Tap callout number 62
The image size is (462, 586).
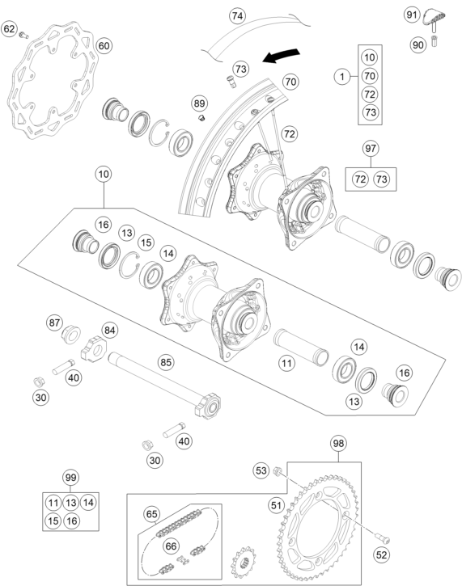click(10, 29)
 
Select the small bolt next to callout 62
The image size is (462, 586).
click(24, 35)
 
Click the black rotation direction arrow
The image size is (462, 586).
click(281, 55)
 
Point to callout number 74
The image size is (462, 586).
click(237, 16)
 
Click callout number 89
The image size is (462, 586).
click(200, 103)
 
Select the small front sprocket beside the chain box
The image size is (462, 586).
click(244, 563)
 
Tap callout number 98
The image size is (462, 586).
click(338, 443)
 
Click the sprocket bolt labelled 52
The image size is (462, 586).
click(383, 538)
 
